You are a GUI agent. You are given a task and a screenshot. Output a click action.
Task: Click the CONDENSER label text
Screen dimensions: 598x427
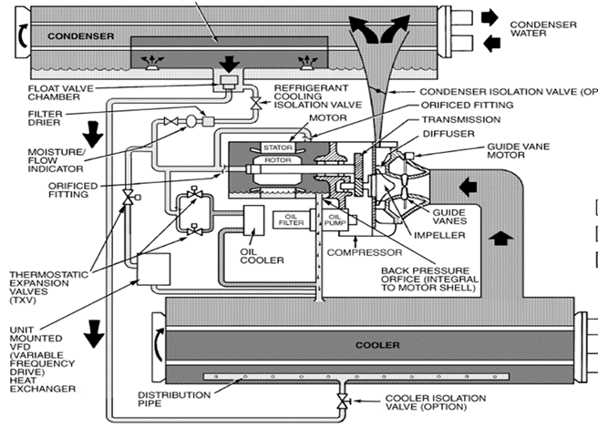(80, 36)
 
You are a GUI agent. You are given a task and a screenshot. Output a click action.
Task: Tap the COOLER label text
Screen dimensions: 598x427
(377, 345)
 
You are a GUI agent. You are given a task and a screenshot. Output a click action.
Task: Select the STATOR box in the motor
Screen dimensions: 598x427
(278, 147)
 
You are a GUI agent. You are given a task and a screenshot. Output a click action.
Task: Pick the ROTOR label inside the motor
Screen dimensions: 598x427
(278, 160)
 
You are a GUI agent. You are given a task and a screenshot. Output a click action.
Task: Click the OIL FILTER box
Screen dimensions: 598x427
(291, 219)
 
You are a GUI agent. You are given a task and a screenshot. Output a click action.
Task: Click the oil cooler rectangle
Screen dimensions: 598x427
(253, 220)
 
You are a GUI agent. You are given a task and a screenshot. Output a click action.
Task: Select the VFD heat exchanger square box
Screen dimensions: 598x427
(153, 269)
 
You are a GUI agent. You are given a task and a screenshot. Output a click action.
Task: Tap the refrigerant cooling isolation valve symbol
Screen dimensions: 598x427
(255, 103)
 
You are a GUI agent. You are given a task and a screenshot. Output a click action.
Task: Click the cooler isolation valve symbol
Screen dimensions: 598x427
(343, 402)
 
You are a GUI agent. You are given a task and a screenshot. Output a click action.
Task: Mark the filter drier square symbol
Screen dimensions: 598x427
(208, 121)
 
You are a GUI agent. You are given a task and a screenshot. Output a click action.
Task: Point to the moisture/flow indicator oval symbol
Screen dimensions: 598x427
(191, 121)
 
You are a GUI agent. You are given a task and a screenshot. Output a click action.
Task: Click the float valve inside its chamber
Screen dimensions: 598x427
(229, 82)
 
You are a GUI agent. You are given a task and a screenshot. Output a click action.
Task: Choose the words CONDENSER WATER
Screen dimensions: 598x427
(543, 29)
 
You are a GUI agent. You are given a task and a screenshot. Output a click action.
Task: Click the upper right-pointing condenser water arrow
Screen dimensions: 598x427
(490, 17)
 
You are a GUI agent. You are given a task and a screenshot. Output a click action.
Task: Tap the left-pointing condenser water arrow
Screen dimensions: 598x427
(491, 43)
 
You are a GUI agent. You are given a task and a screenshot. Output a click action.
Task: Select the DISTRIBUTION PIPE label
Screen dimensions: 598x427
(174, 399)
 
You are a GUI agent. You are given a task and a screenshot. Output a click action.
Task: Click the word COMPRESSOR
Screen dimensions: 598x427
(365, 252)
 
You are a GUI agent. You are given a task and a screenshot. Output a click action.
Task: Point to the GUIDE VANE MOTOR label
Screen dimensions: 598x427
(518, 151)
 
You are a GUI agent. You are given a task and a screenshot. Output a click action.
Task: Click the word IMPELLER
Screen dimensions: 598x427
(439, 236)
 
